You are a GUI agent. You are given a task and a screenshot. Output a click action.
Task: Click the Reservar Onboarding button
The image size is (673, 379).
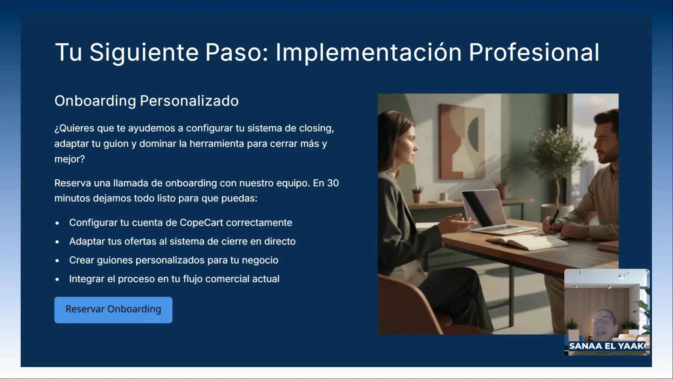point(113,310)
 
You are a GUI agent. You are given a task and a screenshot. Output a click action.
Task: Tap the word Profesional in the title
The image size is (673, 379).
point(534,53)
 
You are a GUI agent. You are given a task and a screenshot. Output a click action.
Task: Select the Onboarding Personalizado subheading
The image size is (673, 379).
point(147,101)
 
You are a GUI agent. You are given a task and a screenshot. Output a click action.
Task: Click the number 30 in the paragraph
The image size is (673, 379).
point(333,183)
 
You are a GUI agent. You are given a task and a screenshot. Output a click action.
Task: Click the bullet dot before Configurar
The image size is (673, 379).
point(57,223)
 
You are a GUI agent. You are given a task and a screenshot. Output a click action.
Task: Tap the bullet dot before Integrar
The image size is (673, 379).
point(57,280)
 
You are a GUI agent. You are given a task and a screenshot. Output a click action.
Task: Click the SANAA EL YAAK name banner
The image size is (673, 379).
point(607,346)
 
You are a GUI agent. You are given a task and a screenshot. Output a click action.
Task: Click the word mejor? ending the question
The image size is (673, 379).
point(69,160)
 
